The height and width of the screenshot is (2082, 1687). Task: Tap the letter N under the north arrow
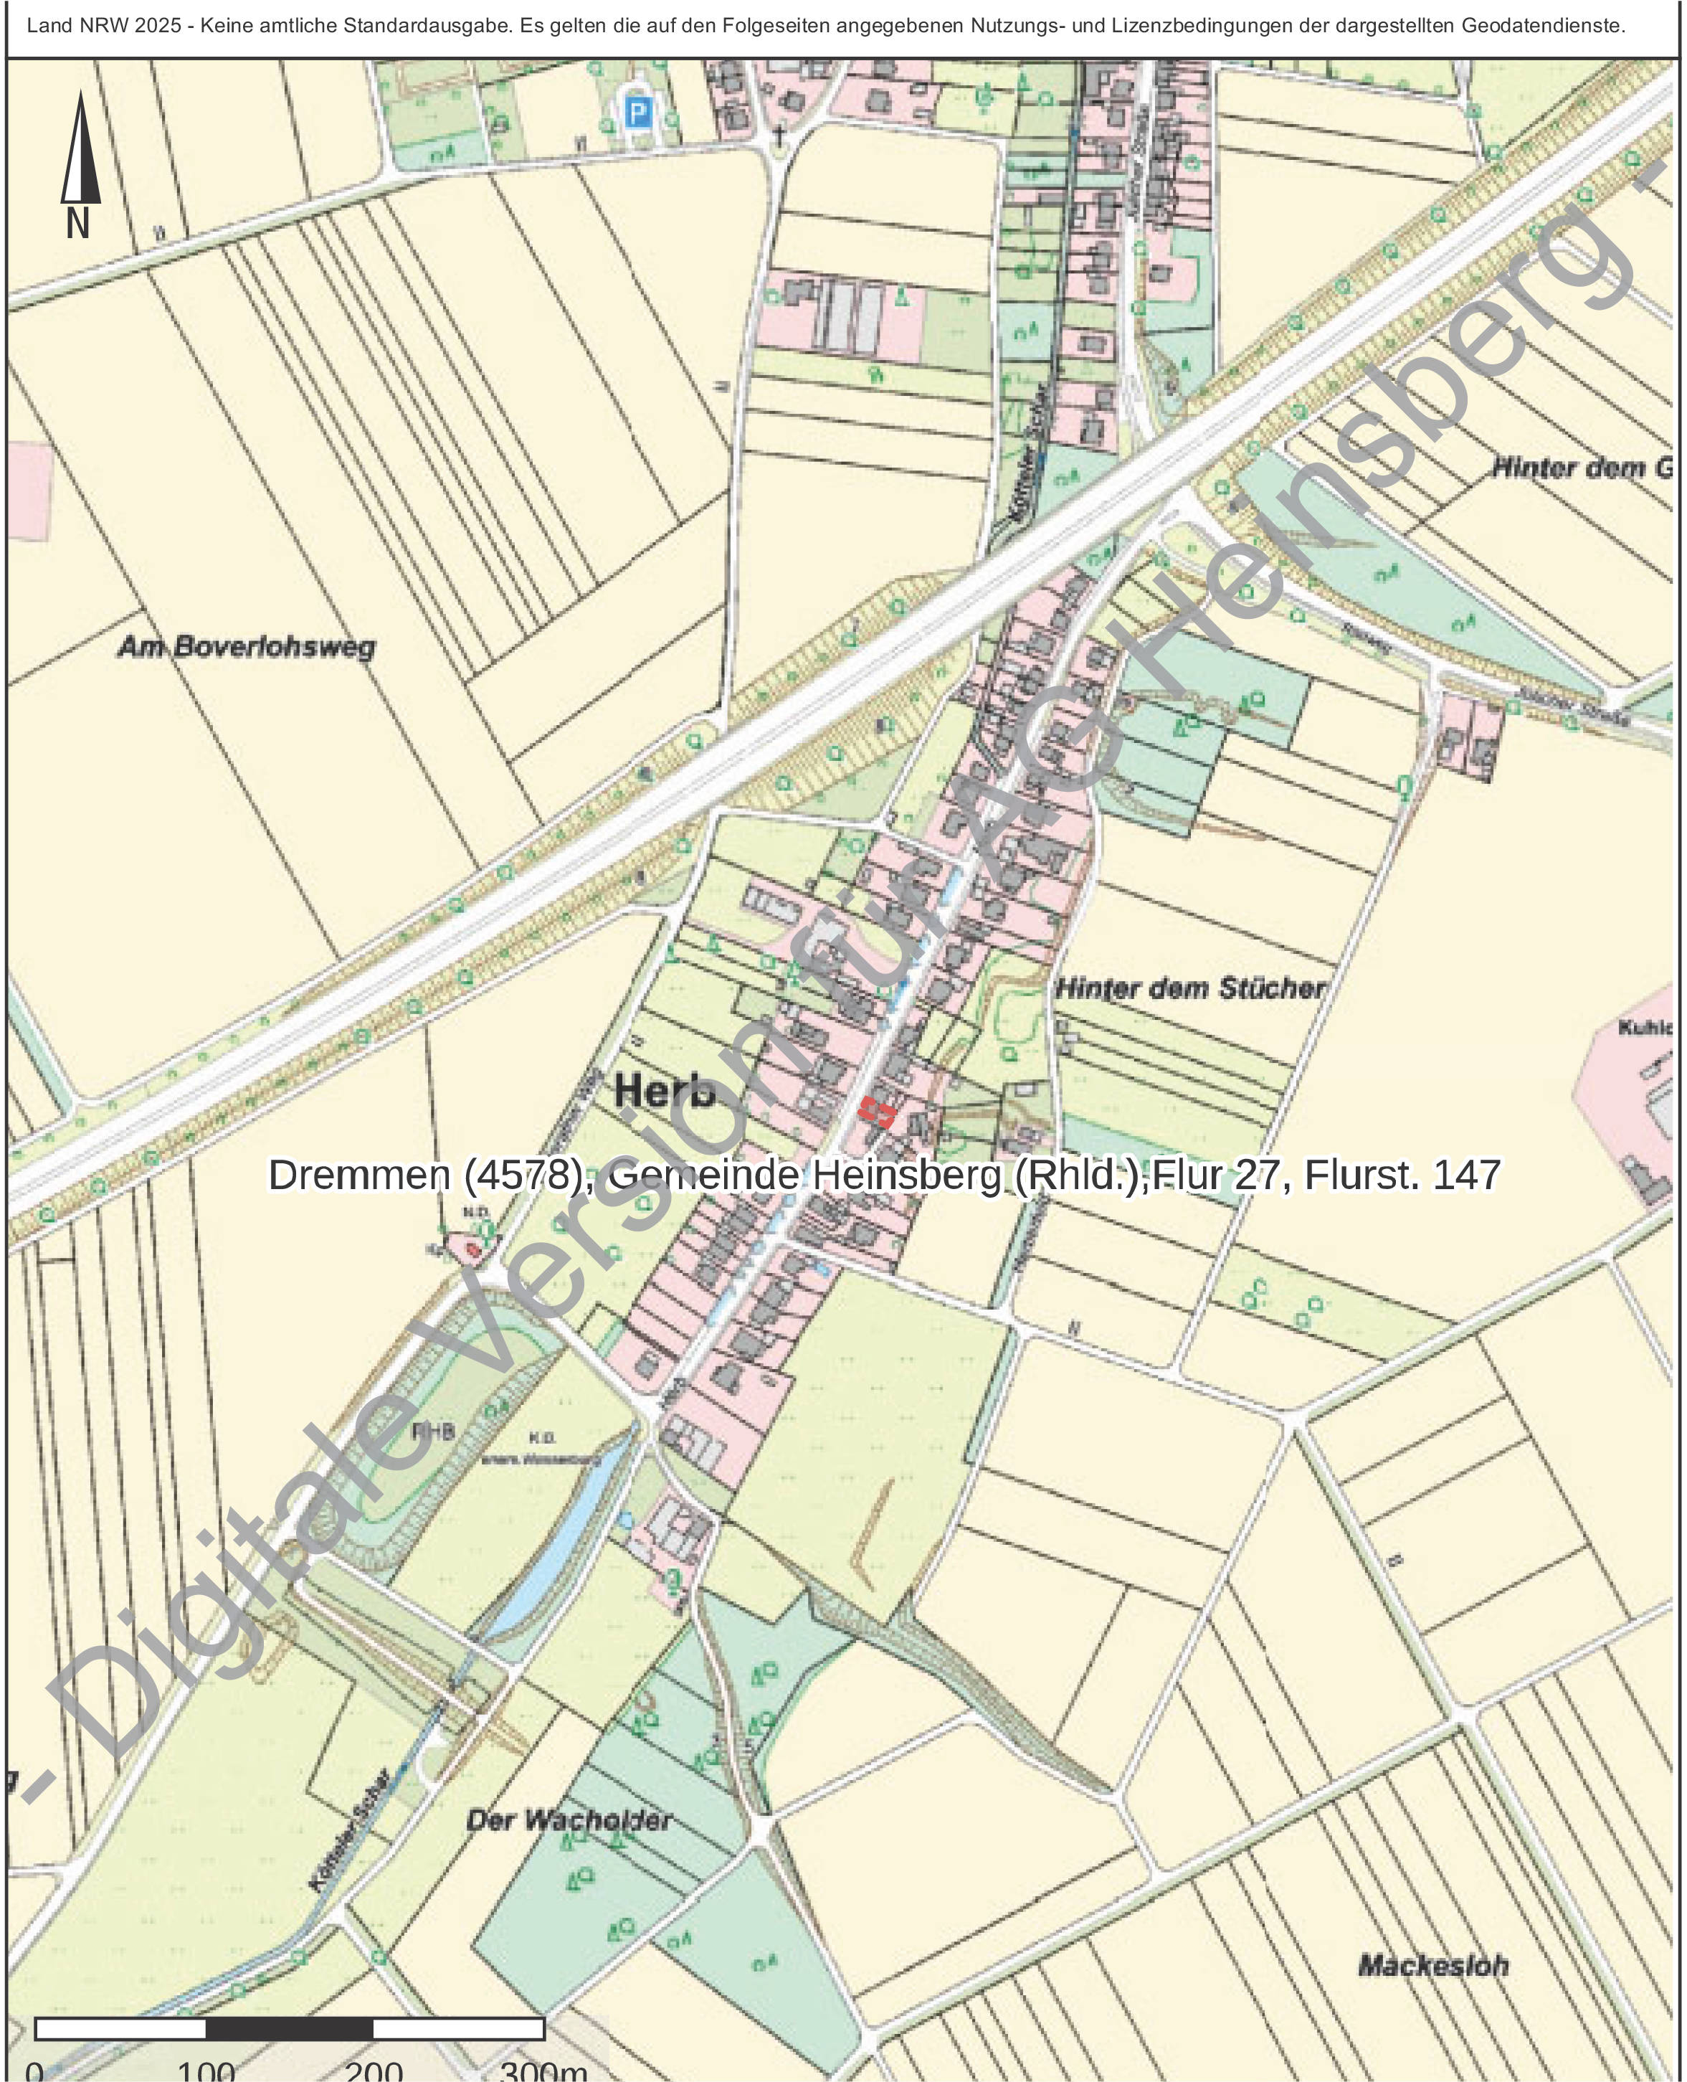click(x=77, y=224)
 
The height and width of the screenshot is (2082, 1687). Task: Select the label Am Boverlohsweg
click(x=246, y=648)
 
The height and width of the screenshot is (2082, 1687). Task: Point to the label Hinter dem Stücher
click(x=1189, y=990)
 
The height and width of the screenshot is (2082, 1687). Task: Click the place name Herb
click(x=665, y=1092)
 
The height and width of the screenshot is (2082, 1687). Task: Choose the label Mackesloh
click(x=1432, y=1965)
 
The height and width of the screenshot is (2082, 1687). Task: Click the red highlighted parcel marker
click(x=875, y=1111)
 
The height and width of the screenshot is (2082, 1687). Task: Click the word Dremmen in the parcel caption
click(x=358, y=1175)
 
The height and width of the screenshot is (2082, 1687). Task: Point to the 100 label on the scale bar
click(x=206, y=2071)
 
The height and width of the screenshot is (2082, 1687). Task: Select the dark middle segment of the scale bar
click(x=290, y=2028)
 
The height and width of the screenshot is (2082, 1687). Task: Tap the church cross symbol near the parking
click(x=779, y=136)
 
